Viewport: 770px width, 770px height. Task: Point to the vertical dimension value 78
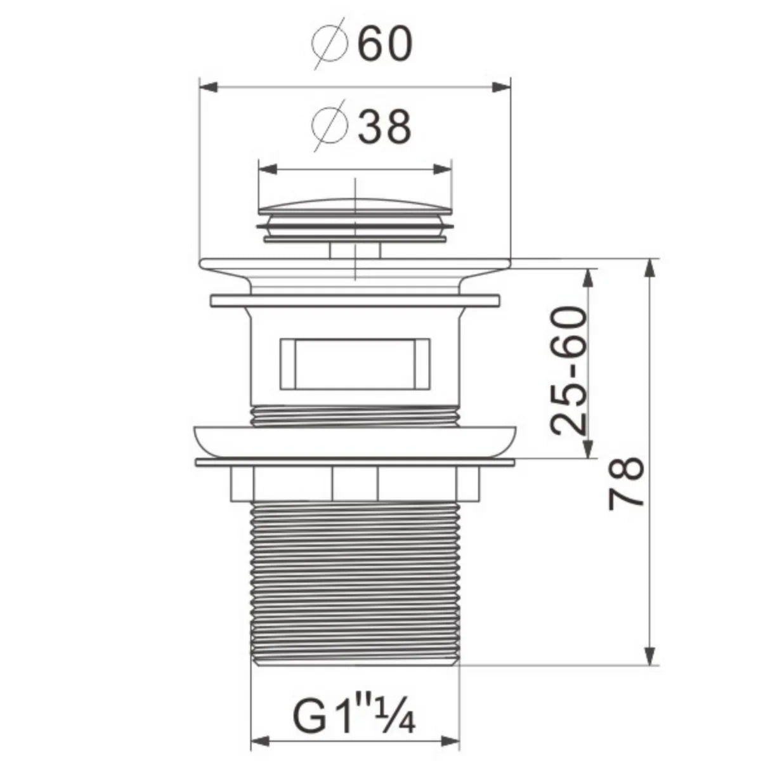click(x=627, y=482)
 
